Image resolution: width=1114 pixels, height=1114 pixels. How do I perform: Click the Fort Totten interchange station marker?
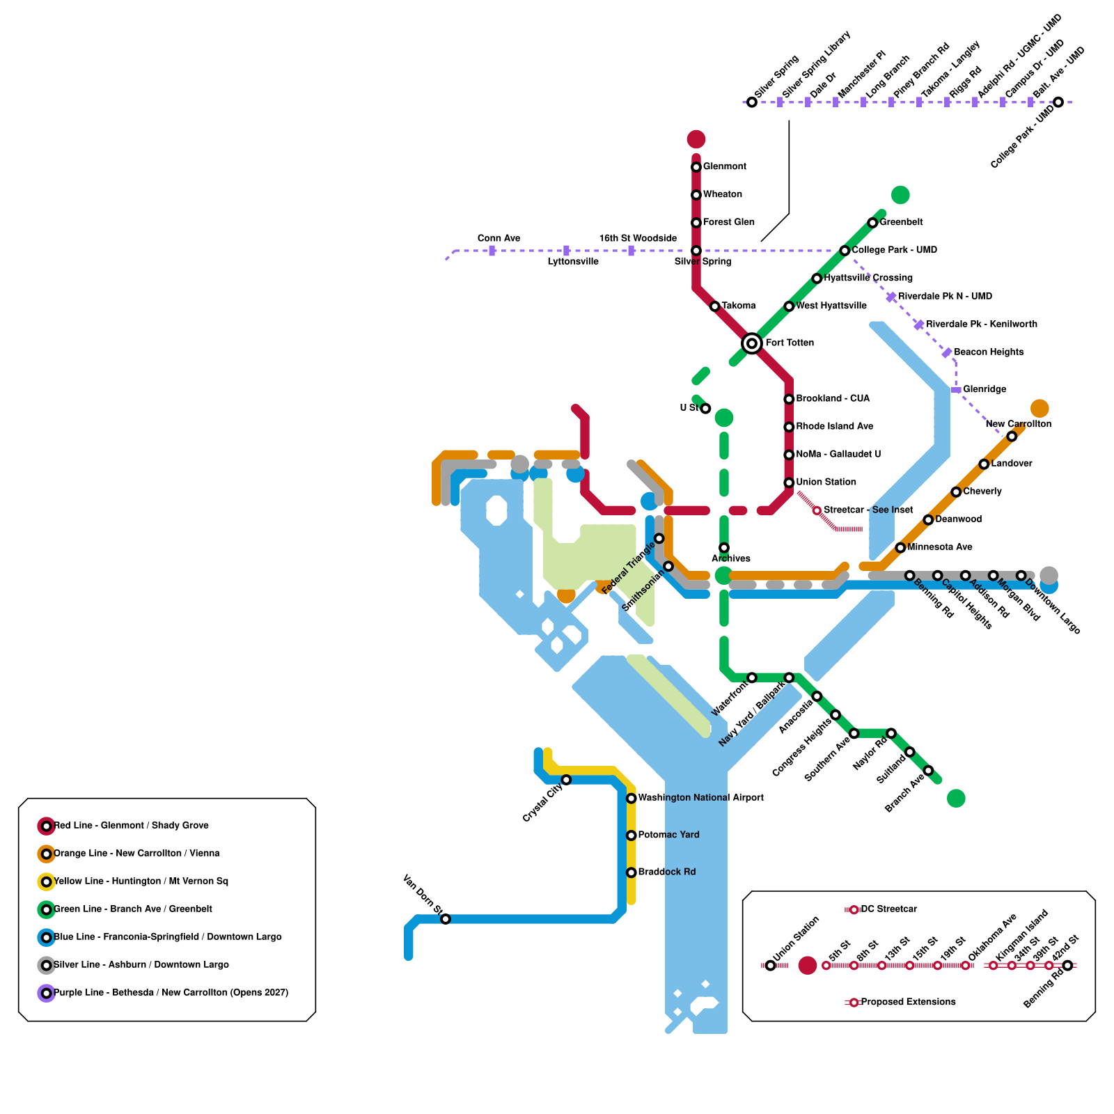(751, 343)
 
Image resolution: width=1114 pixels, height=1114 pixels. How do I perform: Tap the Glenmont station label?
(724, 166)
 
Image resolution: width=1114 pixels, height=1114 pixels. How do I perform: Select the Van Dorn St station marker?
(446, 919)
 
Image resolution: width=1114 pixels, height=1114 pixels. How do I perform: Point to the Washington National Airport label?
(700, 798)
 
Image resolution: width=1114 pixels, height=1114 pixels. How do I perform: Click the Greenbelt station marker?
(872, 223)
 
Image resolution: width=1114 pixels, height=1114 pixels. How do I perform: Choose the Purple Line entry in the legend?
(171, 993)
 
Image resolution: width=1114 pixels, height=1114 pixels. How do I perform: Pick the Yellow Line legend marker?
(46, 882)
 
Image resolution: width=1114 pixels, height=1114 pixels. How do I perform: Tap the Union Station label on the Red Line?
(826, 482)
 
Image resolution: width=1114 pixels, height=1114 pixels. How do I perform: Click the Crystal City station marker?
(566, 780)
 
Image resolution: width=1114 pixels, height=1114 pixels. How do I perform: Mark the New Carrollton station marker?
(1012, 437)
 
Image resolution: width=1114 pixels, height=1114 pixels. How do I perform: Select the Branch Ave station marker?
(928, 771)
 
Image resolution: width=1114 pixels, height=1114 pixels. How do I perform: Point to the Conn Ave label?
(499, 238)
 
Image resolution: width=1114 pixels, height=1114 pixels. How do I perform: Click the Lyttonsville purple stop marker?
(566, 251)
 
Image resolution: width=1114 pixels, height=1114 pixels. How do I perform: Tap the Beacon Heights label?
(989, 352)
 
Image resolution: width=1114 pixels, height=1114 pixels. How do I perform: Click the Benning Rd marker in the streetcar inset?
(1067, 966)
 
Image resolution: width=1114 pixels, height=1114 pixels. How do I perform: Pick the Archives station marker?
(724, 548)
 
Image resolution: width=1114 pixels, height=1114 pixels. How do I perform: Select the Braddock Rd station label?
(666, 872)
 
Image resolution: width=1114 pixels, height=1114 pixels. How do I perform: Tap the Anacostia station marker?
(817, 696)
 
